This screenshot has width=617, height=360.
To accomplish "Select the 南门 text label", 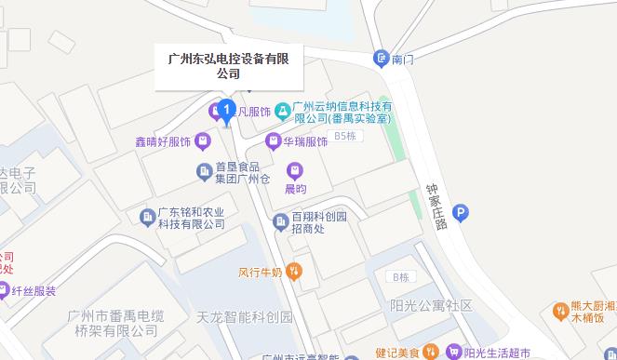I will (x=403, y=59).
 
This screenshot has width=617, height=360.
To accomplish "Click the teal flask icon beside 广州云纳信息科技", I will (x=282, y=112).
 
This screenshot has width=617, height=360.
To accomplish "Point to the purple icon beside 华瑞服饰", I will (x=273, y=141).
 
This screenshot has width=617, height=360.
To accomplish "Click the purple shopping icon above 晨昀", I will (x=294, y=170).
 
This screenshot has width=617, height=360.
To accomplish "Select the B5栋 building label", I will (x=346, y=137).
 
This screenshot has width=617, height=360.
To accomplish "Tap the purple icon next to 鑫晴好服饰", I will (x=206, y=141).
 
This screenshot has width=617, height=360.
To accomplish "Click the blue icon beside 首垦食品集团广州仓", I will (x=204, y=171).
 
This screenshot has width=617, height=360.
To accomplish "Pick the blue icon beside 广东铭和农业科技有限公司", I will (x=146, y=217).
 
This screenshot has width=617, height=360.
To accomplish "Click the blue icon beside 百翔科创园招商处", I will (x=278, y=221).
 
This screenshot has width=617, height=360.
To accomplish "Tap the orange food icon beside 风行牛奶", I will (x=294, y=272).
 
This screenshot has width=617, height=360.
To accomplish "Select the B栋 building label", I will (x=401, y=277).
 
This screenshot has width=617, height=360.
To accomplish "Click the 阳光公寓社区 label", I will (x=432, y=306).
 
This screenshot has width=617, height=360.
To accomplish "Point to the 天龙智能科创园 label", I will (x=245, y=317).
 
